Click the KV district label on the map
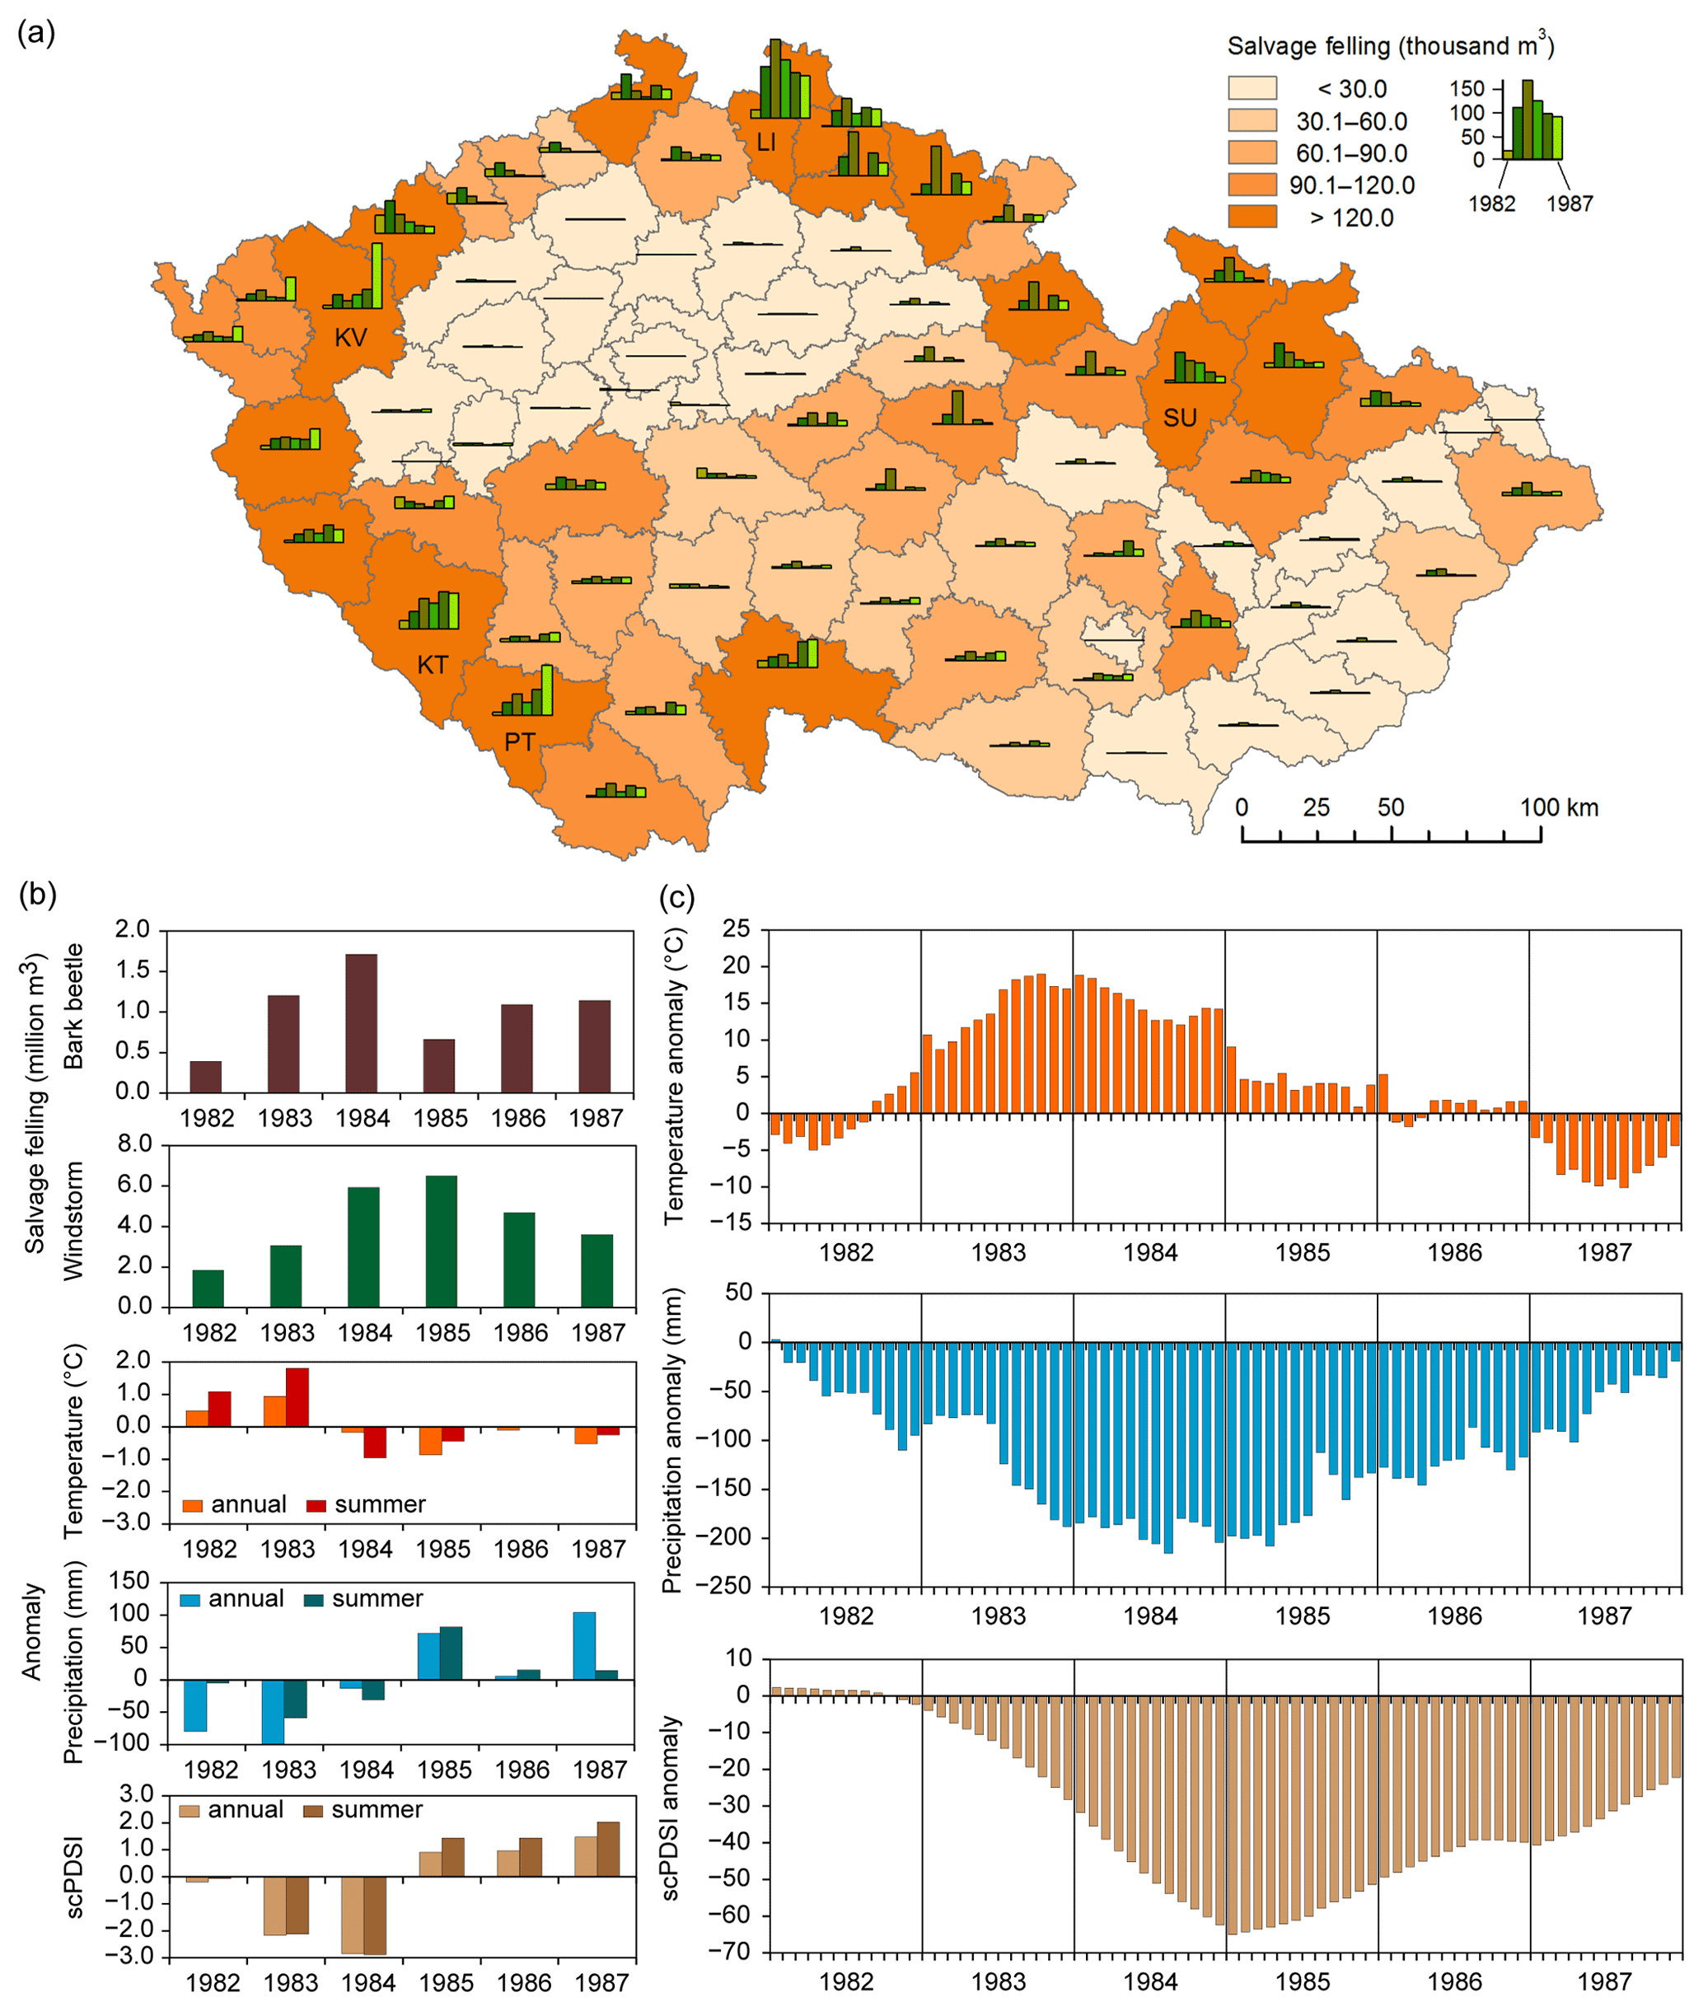coord(350,337)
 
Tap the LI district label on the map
coord(765,143)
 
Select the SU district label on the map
coord(1180,418)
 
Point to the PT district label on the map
coord(519,741)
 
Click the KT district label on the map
coord(433,665)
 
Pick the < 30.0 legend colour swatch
coord(1252,88)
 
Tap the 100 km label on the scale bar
coord(1559,807)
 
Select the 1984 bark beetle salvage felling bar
coord(361,1022)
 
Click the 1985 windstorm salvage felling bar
coord(441,1241)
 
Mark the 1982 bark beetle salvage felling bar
coord(206,1077)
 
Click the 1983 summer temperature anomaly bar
coord(297,1397)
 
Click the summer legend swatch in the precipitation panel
coord(314,1601)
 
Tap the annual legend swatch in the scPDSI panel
coord(190,1811)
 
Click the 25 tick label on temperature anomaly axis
coord(737,930)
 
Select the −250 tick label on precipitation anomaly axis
coord(732,1586)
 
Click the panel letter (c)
coord(676,898)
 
